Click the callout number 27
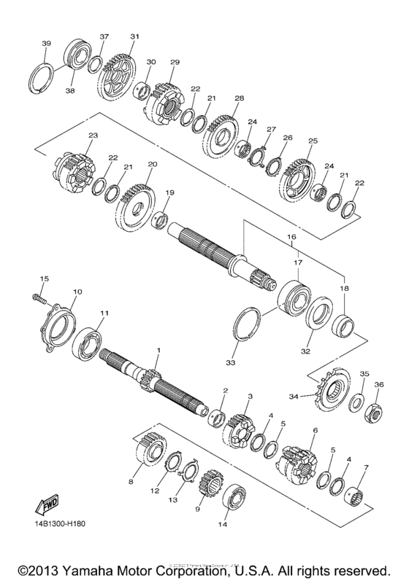(x=271, y=129)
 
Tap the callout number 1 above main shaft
(x=157, y=351)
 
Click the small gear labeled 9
(x=210, y=486)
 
